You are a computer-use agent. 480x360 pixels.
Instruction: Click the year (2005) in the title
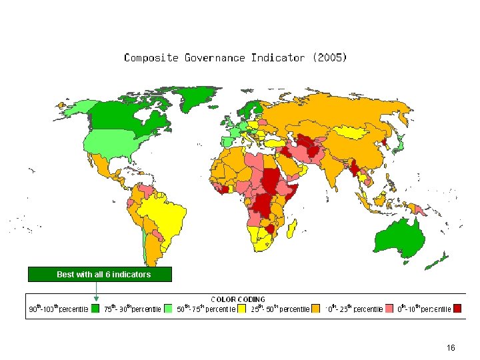(329, 57)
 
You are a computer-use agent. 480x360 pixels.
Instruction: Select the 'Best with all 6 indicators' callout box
(100, 274)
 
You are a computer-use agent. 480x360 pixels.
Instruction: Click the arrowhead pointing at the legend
(96, 298)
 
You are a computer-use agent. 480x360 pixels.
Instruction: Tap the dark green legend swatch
(95, 309)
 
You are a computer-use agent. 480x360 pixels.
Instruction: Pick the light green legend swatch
(169, 309)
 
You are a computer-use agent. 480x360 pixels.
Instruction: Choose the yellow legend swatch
(242, 309)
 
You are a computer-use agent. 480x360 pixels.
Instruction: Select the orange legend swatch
(316, 309)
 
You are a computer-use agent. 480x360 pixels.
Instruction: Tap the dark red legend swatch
(457, 309)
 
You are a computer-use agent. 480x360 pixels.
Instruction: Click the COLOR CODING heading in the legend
(238, 299)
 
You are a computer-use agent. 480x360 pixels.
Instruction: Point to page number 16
(451, 348)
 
